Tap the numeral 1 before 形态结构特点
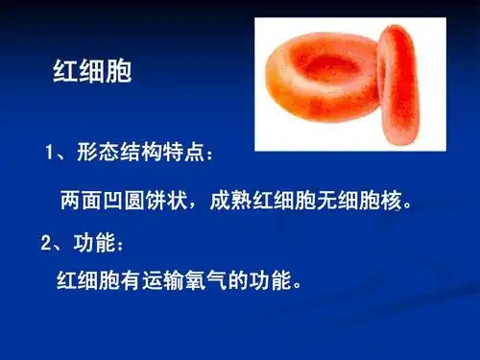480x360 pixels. tap(51, 153)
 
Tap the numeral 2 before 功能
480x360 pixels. tap(47, 244)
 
